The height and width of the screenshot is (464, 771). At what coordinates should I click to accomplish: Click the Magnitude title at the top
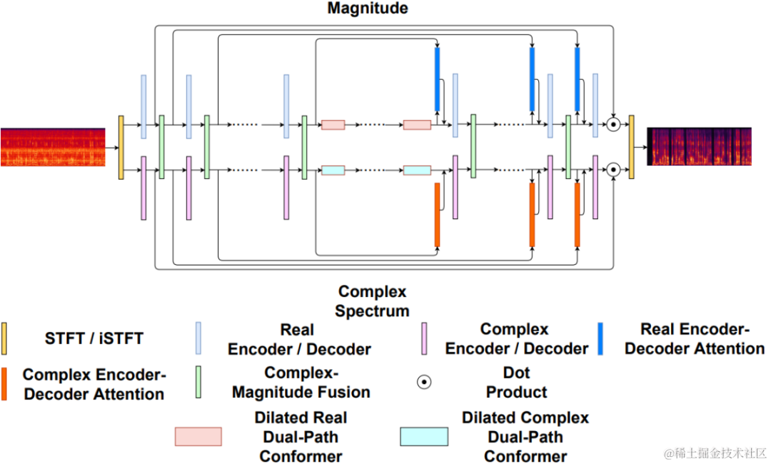pyautogui.click(x=368, y=9)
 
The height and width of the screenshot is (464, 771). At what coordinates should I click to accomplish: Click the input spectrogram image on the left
pyautogui.click(x=53, y=147)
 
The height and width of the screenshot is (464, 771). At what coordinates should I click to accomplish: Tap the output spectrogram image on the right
pyautogui.click(x=699, y=146)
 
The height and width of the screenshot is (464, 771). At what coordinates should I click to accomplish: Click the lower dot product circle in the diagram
pyautogui.click(x=613, y=171)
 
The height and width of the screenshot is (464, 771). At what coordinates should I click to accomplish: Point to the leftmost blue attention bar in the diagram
pyautogui.click(x=438, y=79)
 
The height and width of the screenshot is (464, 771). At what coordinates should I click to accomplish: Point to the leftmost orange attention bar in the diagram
pyautogui.click(x=437, y=215)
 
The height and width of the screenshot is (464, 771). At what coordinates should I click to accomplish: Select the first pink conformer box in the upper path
pyautogui.click(x=333, y=125)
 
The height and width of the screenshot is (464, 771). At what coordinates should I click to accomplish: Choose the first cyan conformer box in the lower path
pyautogui.click(x=333, y=171)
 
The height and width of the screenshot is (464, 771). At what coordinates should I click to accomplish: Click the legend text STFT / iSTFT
pyautogui.click(x=94, y=338)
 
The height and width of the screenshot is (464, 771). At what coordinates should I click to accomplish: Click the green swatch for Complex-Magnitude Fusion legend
pyautogui.click(x=198, y=382)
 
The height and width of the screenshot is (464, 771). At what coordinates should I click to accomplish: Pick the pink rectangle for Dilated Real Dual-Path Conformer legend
pyautogui.click(x=198, y=436)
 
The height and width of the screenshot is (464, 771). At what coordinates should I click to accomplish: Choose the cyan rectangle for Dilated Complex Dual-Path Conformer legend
pyautogui.click(x=424, y=436)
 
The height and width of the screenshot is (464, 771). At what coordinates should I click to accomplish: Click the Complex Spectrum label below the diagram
pyautogui.click(x=372, y=301)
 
